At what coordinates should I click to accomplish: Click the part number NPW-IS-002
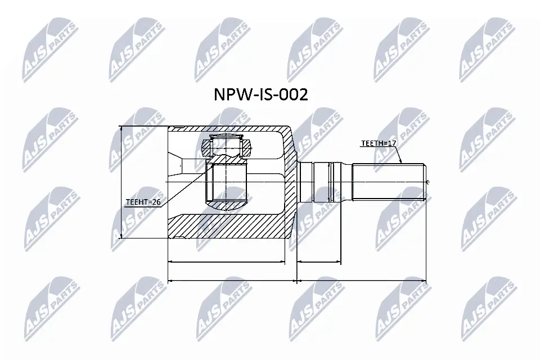[260, 95]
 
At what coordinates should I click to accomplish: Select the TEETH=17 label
[379, 144]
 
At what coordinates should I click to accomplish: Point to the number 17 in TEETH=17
[392, 144]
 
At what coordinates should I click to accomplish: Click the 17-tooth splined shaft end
[388, 181]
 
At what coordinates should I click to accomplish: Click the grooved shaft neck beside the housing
[319, 181]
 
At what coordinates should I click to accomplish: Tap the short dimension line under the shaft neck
[319, 262]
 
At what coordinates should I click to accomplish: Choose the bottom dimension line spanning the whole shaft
[362, 280]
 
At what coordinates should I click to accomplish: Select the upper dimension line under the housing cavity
[227, 262]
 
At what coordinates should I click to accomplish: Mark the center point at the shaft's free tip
[427, 181]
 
